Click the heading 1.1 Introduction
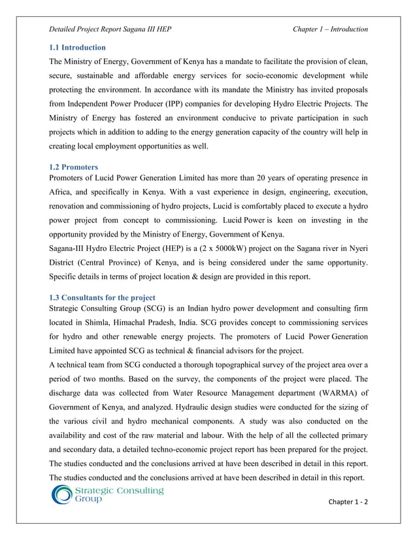tap(78, 48)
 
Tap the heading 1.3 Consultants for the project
tap(102, 298)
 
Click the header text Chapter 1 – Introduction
tap(330, 29)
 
